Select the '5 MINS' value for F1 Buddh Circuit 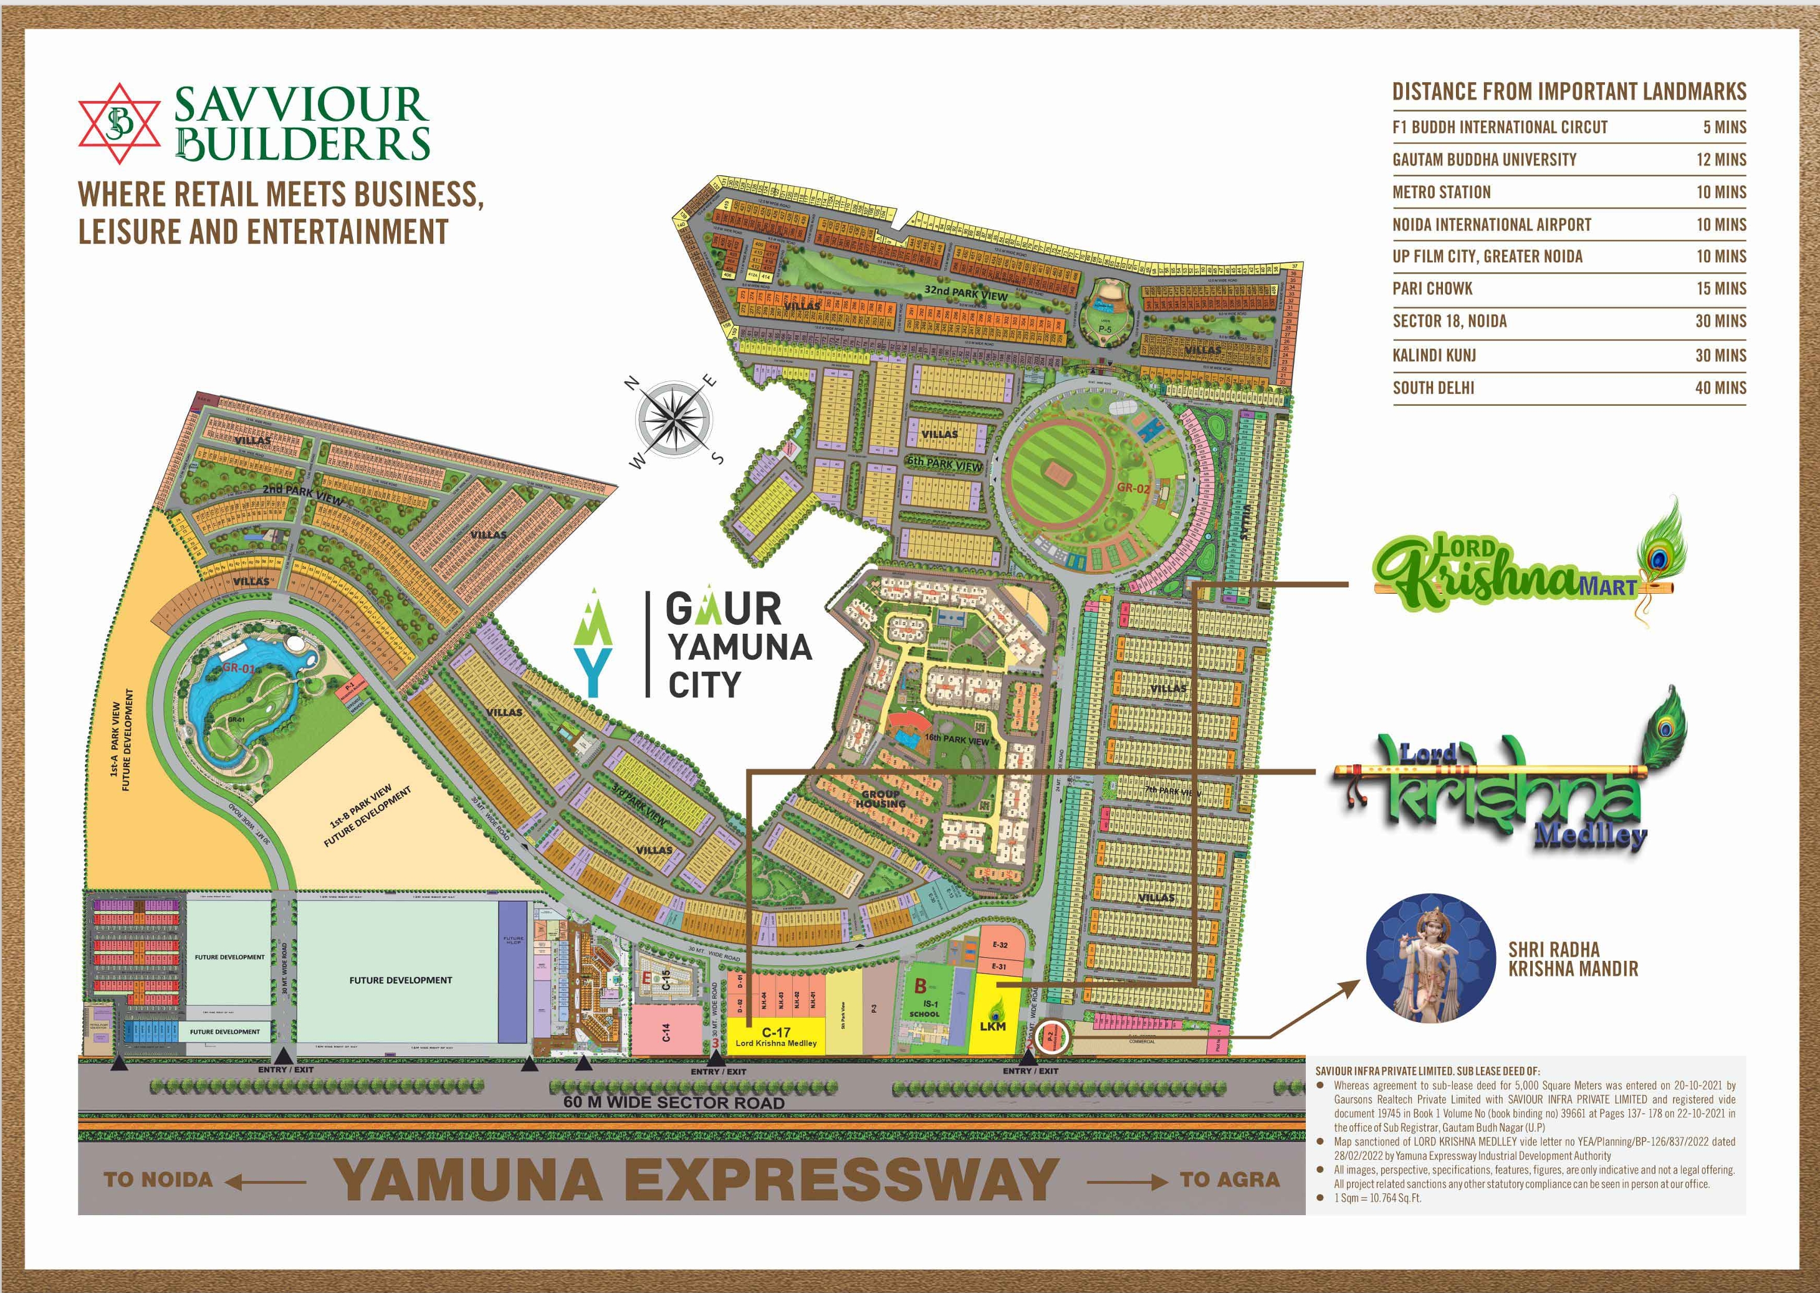(1725, 127)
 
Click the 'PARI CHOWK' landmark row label (1432, 289)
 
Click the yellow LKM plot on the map (993, 1015)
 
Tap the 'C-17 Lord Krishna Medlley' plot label (775, 1038)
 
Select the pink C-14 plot (666, 1032)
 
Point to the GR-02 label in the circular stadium (1134, 488)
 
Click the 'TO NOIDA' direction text (158, 1179)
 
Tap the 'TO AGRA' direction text (1229, 1179)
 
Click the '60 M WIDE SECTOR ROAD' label (674, 1103)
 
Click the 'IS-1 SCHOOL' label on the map (924, 1009)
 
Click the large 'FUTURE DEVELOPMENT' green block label (401, 980)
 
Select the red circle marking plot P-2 (1050, 1037)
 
